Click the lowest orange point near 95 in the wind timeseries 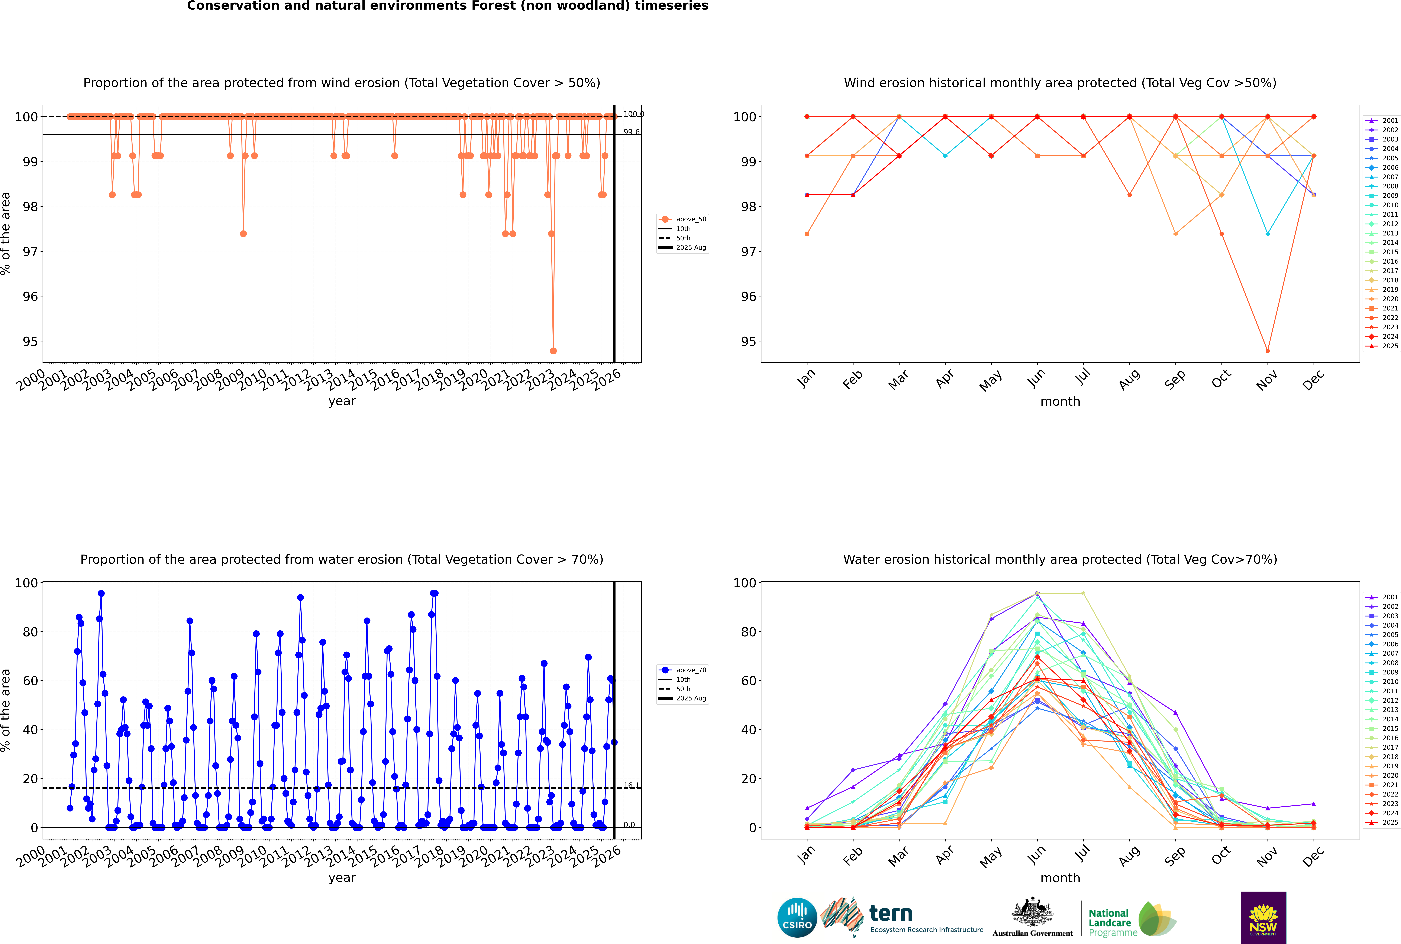553,350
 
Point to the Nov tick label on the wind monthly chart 1267,380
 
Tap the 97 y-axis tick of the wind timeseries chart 30,252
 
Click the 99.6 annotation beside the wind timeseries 631,132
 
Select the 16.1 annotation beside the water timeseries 631,786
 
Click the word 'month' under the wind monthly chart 1060,402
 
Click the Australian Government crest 1032,913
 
